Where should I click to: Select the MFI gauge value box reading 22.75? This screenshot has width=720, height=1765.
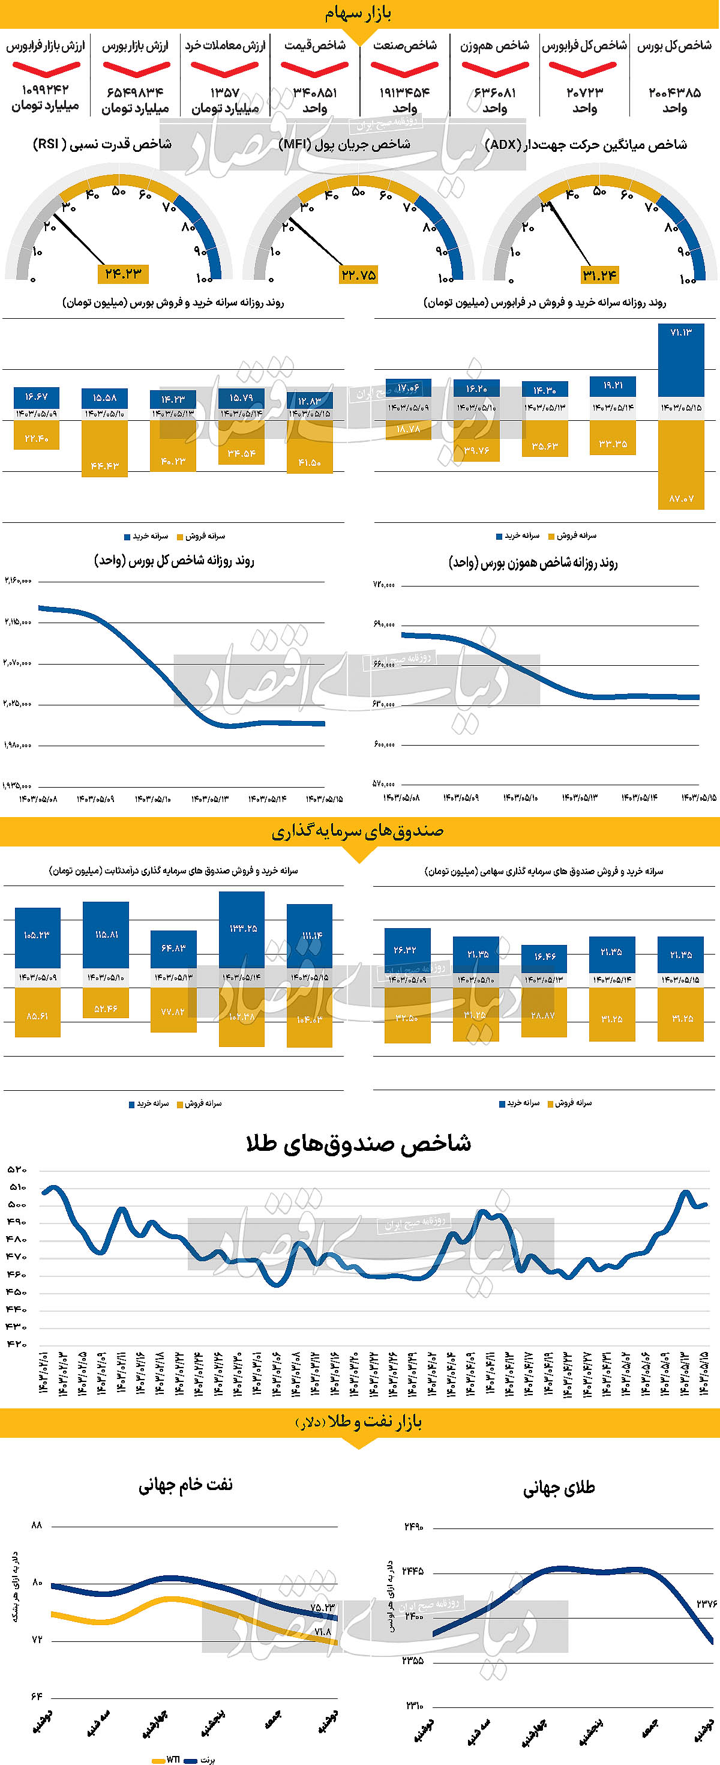coord(358,275)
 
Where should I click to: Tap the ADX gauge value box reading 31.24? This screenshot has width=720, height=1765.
coord(599,276)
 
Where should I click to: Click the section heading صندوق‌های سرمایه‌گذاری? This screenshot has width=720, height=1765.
coord(358,831)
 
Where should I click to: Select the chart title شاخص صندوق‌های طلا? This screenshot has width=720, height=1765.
coord(358,1144)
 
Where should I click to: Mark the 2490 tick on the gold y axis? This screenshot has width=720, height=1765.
coord(414,1527)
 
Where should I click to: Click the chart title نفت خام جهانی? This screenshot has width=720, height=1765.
coord(185,1484)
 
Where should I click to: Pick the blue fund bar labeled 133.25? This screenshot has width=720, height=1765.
coord(242,930)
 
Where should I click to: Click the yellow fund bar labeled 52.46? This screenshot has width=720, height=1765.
coord(106,1003)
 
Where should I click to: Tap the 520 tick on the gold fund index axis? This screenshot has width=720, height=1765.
coord(17,1169)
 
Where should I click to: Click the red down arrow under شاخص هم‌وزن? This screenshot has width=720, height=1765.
coord(494,69)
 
